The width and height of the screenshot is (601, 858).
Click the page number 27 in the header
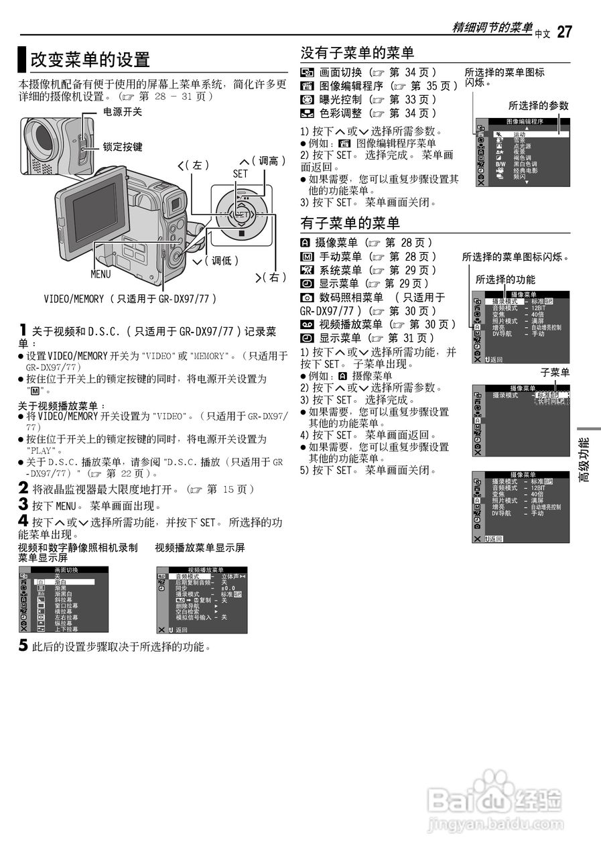click(564, 32)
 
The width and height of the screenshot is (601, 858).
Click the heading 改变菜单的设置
click(90, 60)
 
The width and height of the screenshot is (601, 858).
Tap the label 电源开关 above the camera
click(122, 112)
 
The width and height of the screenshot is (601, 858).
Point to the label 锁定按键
click(122, 146)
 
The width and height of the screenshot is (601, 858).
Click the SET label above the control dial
click(240, 173)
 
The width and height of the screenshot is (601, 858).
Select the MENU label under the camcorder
click(101, 274)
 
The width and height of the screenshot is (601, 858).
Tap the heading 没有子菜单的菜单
click(357, 53)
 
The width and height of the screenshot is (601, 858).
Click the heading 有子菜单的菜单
click(350, 223)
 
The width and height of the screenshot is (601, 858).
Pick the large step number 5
click(23, 646)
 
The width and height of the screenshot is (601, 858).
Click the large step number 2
click(23, 489)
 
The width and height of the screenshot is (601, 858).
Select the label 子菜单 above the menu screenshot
click(555, 373)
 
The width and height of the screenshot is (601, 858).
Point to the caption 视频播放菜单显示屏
click(200, 548)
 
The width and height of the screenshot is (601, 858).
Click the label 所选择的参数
click(538, 105)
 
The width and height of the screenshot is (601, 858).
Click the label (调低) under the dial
click(222, 261)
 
